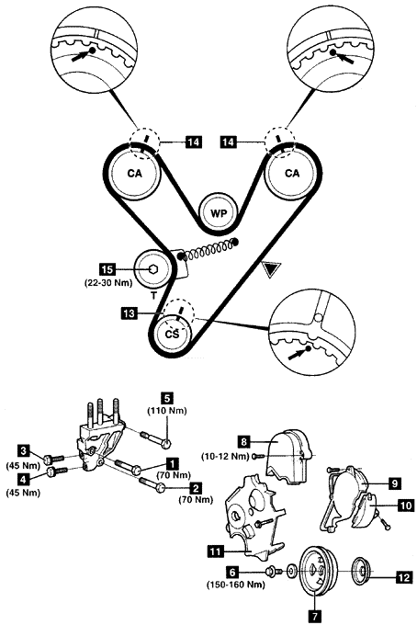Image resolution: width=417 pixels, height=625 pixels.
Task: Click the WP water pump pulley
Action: click(219, 213)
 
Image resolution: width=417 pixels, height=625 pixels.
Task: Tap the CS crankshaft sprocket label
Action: click(172, 334)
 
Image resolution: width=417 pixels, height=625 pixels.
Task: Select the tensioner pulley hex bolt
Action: click(153, 269)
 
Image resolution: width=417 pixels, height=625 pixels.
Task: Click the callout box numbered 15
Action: click(107, 269)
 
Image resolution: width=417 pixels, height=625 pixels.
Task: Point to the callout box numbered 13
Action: click(129, 313)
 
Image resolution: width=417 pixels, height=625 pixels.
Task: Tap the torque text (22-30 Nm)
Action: click(108, 282)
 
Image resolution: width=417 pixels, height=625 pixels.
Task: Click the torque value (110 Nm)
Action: click(167, 411)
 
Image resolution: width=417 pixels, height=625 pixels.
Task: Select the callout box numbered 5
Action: click(167, 398)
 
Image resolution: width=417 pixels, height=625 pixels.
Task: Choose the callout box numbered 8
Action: click(244, 442)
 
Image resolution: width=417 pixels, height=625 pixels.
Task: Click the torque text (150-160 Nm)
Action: click(235, 585)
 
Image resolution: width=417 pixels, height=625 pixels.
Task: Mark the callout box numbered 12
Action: click(403, 576)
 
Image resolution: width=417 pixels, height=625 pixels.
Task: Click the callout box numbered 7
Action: click(315, 616)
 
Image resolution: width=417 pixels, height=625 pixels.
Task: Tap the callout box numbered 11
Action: click(215, 551)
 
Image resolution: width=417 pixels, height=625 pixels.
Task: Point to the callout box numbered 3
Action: click(24, 450)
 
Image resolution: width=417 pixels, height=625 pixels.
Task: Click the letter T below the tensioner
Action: click(153, 296)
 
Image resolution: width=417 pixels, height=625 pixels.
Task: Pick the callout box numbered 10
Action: click(405, 506)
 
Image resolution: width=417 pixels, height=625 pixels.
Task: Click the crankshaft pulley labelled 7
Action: click(318, 571)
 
